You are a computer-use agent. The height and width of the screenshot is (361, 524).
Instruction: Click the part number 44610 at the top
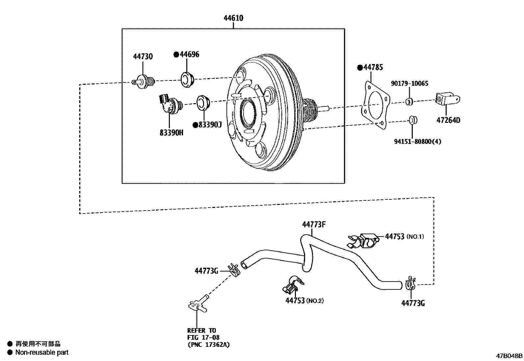click(233, 18)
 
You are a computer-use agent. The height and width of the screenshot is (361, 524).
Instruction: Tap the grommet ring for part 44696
click(188, 79)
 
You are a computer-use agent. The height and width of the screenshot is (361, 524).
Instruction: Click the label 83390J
click(210, 125)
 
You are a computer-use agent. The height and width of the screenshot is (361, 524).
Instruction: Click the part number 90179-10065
click(409, 83)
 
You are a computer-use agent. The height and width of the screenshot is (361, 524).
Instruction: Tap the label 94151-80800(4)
click(417, 142)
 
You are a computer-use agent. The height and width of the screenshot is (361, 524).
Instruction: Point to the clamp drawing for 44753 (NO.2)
click(294, 284)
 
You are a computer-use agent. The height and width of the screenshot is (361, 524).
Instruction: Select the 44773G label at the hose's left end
click(206, 271)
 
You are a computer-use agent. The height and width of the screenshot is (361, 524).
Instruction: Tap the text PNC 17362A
click(209, 345)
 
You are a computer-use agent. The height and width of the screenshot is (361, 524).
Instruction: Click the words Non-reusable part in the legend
click(42, 352)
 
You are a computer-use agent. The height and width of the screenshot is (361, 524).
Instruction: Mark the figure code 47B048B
click(510, 356)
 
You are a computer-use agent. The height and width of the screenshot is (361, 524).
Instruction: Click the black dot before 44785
click(360, 68)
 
